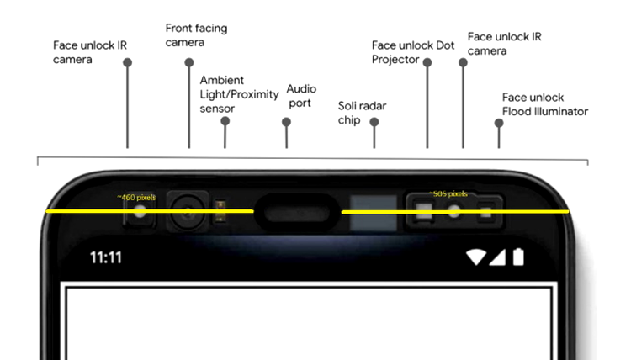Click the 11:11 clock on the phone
coord(105,257)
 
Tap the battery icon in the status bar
coord(518,257)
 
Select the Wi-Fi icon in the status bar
coord(475,257)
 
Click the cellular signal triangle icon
coord(497,257)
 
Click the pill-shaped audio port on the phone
coord(297,213)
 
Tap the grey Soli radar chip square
coord(374,213)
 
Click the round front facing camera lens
coord(188,212)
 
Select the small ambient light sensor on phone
coord(220,211)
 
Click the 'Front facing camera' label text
coord(196,35)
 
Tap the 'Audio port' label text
coord(301,96)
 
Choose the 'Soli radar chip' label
coord(362,113)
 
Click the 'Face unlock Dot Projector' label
coord(413,52)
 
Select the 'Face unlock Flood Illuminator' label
coord(545,104)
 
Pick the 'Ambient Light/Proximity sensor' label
coord(240,94)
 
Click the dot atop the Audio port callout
coord(286,122)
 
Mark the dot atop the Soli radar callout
coord(374,122)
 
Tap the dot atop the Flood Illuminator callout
coord(499,123)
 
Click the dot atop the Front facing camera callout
coord(189,62)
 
